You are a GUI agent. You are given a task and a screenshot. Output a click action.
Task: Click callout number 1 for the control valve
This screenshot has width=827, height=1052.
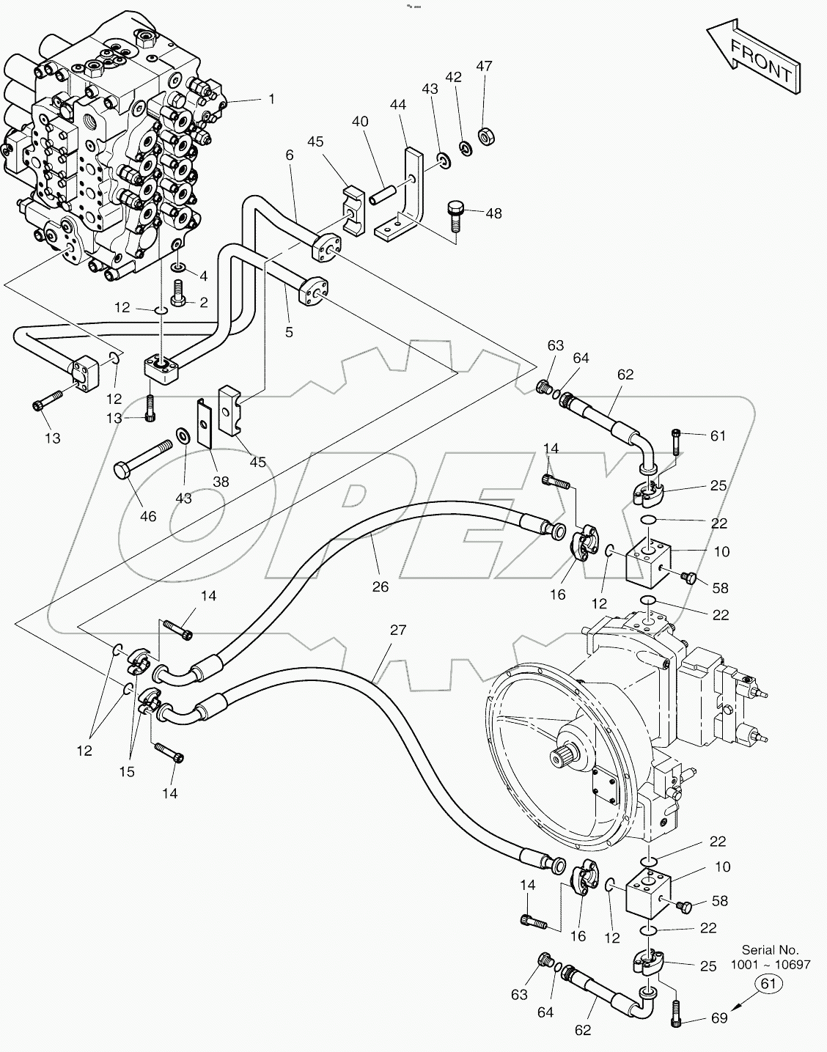coord(271,98)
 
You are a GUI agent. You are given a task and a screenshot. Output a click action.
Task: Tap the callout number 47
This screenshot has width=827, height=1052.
coord(483,66)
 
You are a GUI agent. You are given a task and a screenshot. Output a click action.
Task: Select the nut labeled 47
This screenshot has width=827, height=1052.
coord(485,135)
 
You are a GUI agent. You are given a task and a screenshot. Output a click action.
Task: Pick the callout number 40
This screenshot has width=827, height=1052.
coord(360,122)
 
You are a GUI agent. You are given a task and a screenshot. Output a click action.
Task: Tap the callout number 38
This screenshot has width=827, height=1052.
coord(221,482)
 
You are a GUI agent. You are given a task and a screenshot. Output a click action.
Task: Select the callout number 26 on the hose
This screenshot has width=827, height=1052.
coord(380,586)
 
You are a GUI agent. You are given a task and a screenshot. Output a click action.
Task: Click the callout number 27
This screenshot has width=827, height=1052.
coord(397,630)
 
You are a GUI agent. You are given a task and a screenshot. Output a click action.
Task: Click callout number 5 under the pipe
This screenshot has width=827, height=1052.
coord(289,332)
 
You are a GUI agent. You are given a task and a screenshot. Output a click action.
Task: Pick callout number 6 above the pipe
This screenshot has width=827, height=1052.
coord(290,155)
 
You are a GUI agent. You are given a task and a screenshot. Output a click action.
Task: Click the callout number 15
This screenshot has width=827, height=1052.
coord(128,771)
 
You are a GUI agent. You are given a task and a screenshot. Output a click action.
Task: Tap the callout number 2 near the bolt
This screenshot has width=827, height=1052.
coord(205,302)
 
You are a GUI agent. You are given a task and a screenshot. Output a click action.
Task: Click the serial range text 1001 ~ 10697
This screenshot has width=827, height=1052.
coord(779,965)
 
